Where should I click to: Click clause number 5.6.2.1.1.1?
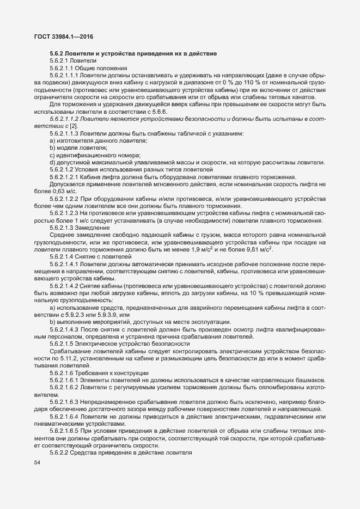[65, 75]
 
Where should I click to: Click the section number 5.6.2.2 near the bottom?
[61, 452]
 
